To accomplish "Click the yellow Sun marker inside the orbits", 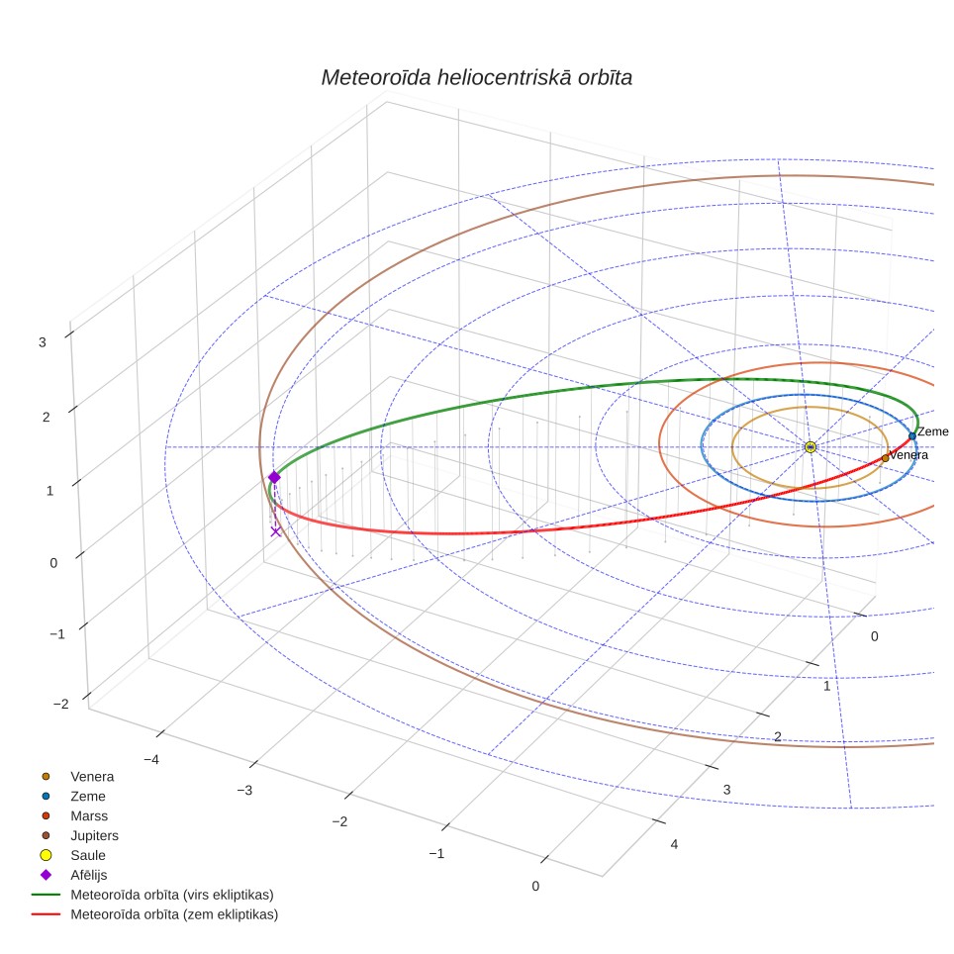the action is [811, 447].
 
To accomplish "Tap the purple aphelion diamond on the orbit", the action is [274, 477].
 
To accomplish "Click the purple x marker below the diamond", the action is [276, 531].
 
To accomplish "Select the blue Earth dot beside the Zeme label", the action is [912, 436].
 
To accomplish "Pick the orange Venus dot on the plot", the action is [886, 458].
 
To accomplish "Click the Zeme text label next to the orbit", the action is [932, 431].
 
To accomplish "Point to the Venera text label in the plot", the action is [909, 455].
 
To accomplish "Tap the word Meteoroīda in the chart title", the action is [376, 78].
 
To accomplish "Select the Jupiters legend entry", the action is [94, 836].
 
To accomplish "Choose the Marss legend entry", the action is [89, 815].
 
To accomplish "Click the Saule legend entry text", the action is [88, 855].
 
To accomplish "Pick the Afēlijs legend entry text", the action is [89, 875].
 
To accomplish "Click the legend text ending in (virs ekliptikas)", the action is [172, 895].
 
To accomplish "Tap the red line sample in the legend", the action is [46, 914].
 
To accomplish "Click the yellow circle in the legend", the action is [46, 855].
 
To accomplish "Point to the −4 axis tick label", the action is [151, 760].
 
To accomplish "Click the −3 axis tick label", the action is [244, 791].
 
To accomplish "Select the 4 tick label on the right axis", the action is [674, 844].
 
